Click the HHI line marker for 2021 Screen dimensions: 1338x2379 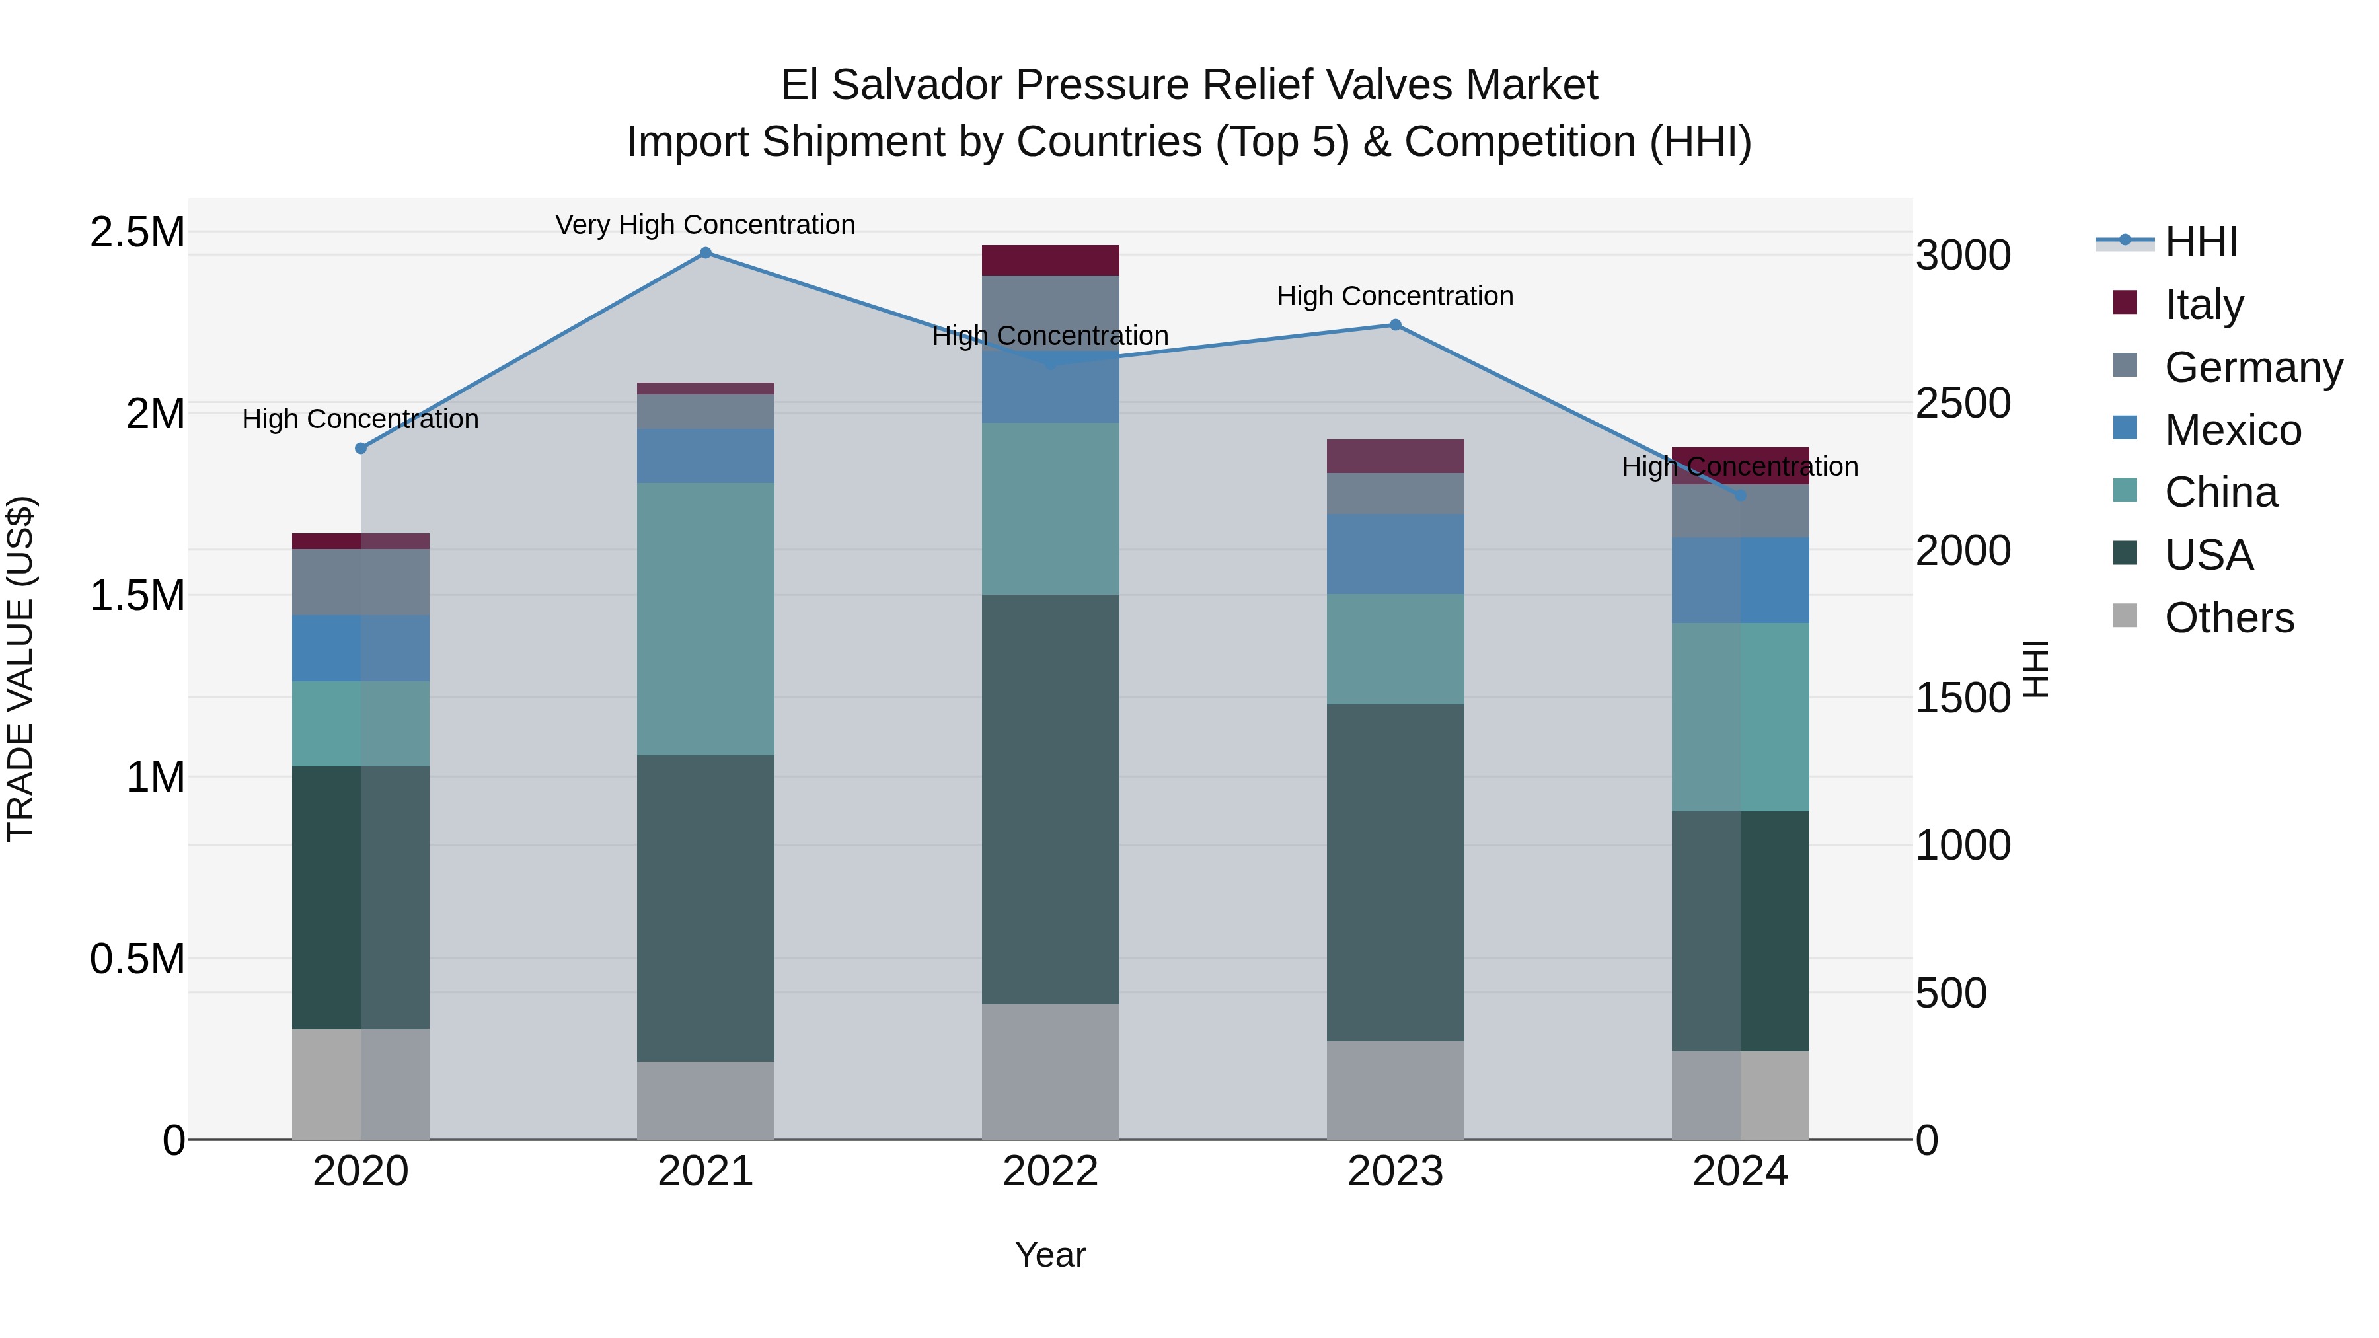(706, 253)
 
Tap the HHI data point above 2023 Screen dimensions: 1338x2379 (1396, 325)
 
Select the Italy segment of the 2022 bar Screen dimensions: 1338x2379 (1050, 260)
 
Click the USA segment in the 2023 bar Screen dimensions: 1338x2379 (1396, 873)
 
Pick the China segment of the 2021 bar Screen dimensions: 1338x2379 (706, 618)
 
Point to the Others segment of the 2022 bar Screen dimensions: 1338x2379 (1050, 1071)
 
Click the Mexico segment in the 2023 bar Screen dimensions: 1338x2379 (1396, 554)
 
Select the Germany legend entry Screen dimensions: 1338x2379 (2253, 367)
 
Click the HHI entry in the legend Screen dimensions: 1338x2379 (2201, 242)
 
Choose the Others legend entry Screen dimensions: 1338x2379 (2228, 618)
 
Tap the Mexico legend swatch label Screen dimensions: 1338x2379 (2232, 430)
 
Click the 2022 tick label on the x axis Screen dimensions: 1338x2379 (1050, 1171)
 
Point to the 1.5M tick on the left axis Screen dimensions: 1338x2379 (137, 595)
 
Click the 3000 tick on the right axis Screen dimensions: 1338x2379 (1963, 255)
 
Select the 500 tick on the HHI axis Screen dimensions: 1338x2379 (1951, 994)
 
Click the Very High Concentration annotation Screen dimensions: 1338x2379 (706, 225)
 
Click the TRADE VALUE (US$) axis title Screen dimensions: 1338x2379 (20, 669)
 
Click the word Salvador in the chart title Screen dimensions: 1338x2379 (924, 85)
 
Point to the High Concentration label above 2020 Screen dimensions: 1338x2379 (360, 419)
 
